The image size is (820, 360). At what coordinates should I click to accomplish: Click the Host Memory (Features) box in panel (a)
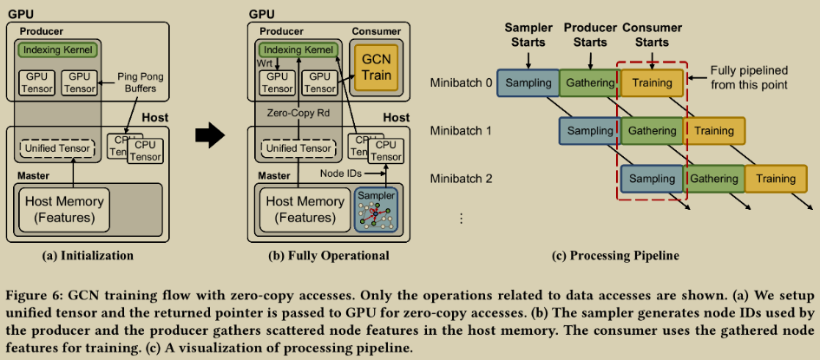coord(63,208)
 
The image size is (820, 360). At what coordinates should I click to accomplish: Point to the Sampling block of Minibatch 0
coord(528,83)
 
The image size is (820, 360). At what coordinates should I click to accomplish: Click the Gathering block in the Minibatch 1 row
coord(652,131)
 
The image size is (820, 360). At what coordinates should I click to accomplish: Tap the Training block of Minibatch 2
coord(775,179)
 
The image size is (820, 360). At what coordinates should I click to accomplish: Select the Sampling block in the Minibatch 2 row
coord(652,179)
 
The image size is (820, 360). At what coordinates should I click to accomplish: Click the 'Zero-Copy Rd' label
coord(298,114)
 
